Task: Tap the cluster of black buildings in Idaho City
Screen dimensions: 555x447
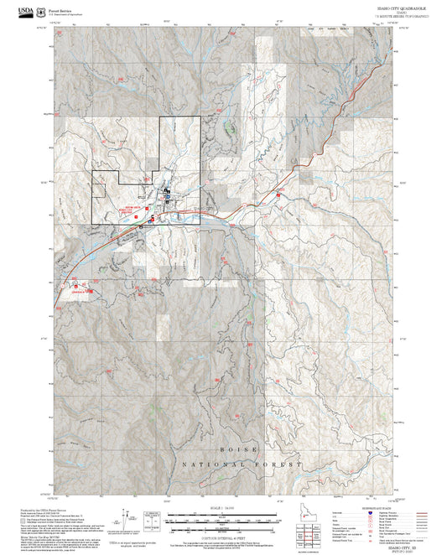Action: click(167, 195)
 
